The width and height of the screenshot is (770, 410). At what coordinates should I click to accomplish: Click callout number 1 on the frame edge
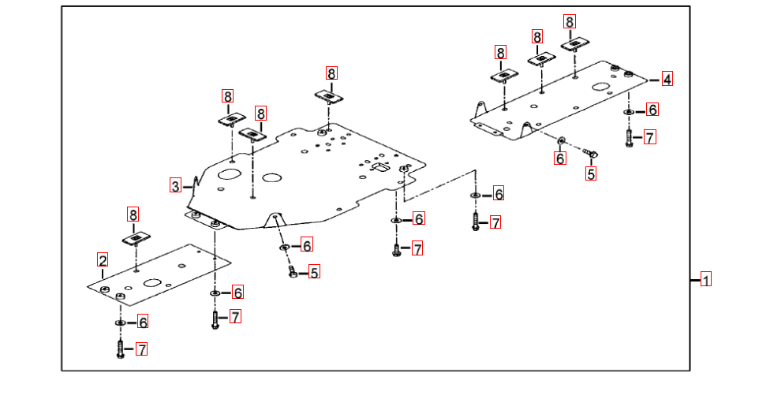pos(706,279)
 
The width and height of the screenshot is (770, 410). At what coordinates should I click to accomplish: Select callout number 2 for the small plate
pos(103,259)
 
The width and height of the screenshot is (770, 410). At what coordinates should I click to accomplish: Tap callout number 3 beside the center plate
pos(175,186)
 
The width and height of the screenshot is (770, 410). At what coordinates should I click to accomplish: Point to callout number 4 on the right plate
pos(667,79)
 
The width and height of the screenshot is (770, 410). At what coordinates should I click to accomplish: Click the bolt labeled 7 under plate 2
pos(120,349)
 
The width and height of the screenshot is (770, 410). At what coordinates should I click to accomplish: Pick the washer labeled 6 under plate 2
pos(120,322)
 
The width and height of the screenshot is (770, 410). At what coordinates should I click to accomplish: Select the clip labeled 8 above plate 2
pos(136,237)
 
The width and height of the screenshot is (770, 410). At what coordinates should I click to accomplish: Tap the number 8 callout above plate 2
pos(133,214)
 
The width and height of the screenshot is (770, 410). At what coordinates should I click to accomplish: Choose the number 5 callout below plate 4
pos(591,174)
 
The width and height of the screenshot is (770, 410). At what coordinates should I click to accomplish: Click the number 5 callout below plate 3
pos(314,273)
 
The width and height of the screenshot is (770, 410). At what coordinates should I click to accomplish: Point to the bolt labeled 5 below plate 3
pos(293,272)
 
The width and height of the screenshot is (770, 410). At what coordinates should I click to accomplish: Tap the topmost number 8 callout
pos(570,21)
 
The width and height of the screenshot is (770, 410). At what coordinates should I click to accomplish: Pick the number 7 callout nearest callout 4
pos(649,138)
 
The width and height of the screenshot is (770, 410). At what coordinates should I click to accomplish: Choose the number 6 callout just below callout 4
pos(652,110)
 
